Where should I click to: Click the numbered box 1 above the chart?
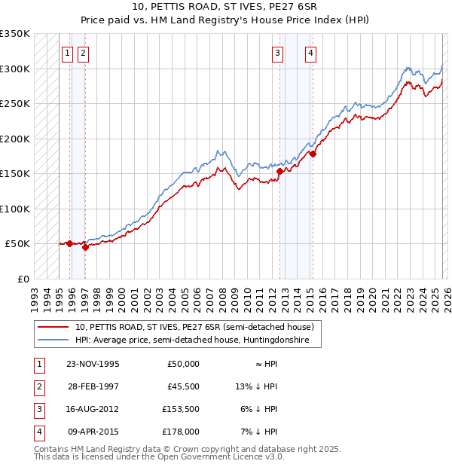68,53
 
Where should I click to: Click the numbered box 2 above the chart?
82,53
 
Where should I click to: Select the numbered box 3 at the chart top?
278,53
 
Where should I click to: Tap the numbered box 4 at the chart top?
310,53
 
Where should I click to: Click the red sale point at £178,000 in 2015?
313,154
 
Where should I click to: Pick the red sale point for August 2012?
279,171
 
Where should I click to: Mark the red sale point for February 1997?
85,247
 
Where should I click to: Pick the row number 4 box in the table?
39,432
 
